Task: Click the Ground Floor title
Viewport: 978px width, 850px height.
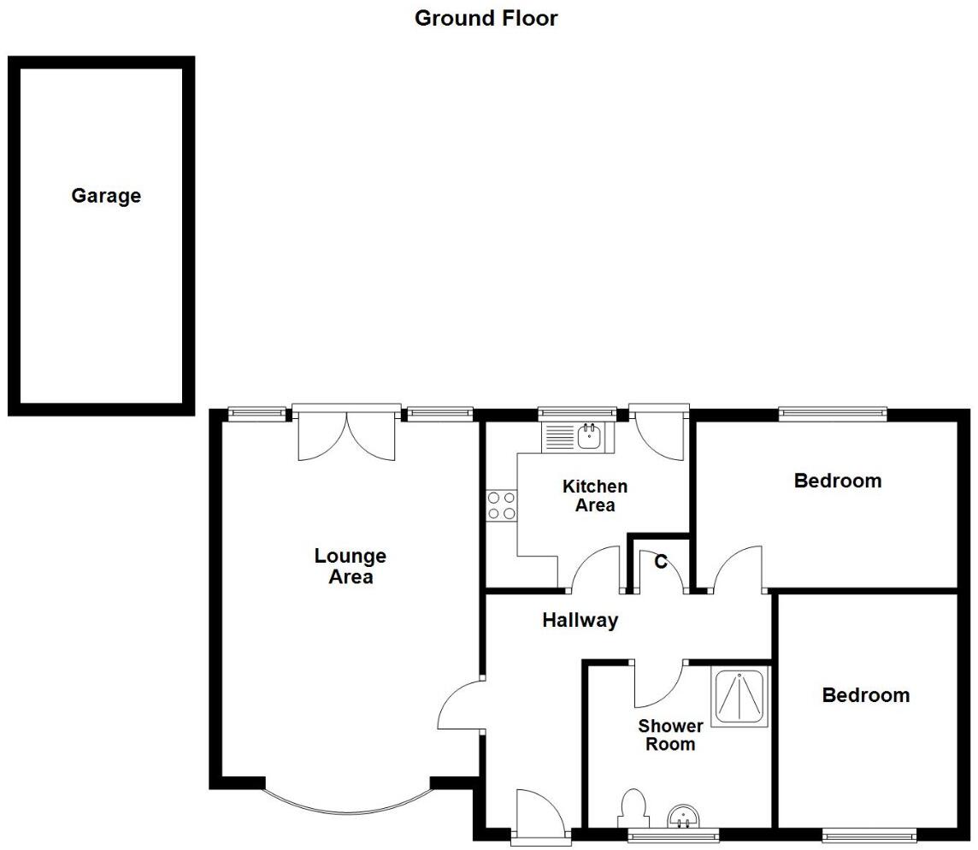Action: tap(486, 18)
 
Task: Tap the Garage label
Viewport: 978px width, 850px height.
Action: tap(106, 196)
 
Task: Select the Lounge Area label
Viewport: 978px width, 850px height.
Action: tap(351, 566)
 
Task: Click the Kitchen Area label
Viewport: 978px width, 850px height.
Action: tap(595, 496)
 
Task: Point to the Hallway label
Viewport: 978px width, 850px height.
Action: tap(580, 621)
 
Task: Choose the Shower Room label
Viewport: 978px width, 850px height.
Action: tap(671, 735)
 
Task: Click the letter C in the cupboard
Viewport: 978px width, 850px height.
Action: tap(661, 562)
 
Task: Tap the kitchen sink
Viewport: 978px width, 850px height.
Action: tap(588, 438)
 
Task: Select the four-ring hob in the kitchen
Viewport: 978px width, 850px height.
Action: tap(501, 505)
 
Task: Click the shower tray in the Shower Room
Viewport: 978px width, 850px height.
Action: tap(739, 696)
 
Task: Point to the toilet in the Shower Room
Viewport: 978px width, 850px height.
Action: tap(633, 808)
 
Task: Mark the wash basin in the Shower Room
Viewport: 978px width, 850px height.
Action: tap(683, 817)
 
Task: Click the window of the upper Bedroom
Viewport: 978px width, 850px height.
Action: tap(832, 414)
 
